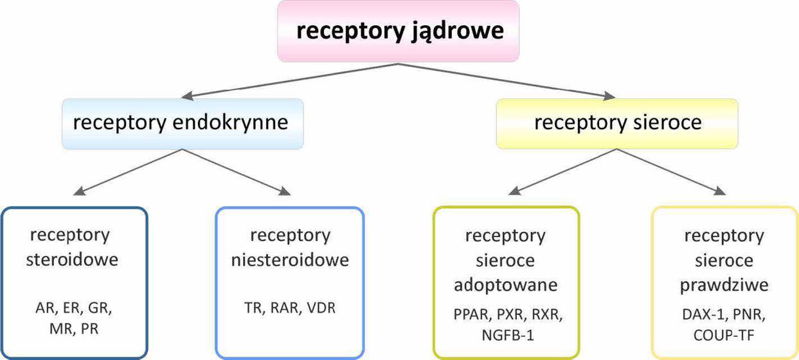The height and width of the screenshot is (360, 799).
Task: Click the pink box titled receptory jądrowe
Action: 398,31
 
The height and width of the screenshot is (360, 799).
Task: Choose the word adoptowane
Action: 506,284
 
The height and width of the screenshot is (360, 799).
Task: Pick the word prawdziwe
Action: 724,284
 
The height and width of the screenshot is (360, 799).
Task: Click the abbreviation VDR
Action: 320,308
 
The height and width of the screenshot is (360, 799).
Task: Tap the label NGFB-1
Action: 506,334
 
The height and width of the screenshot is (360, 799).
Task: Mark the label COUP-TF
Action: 724,334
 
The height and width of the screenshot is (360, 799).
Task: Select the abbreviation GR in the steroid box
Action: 99,308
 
